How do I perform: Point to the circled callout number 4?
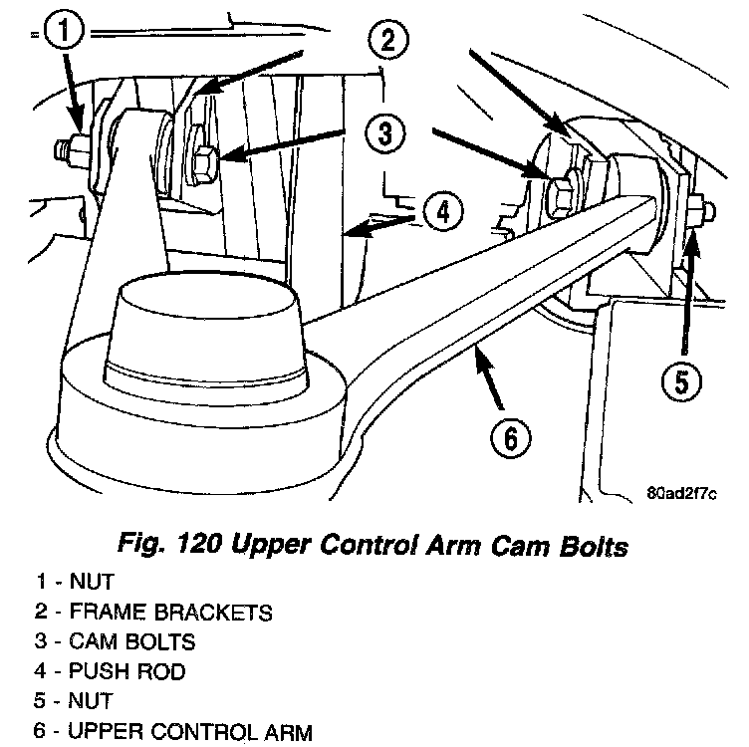point(440,211)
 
